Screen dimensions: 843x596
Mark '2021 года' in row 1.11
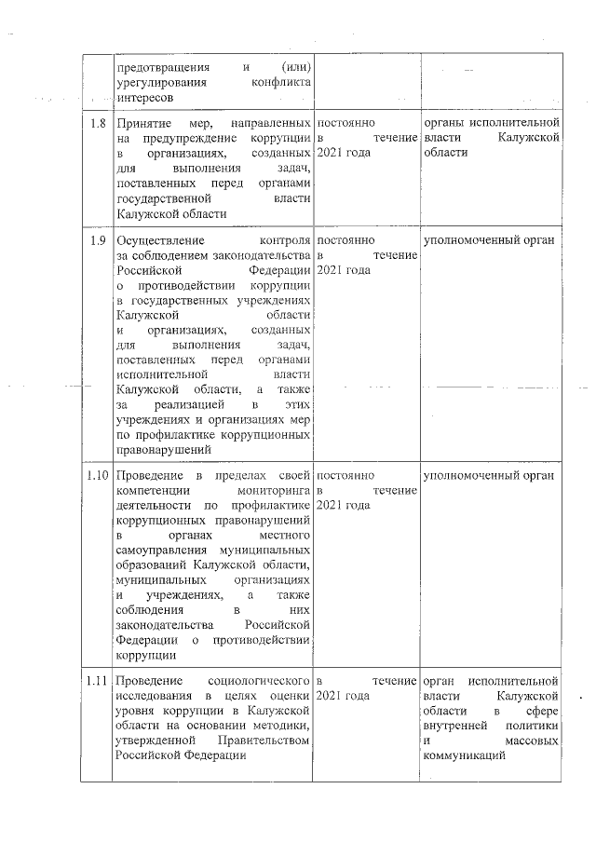[x=344, y=695]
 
